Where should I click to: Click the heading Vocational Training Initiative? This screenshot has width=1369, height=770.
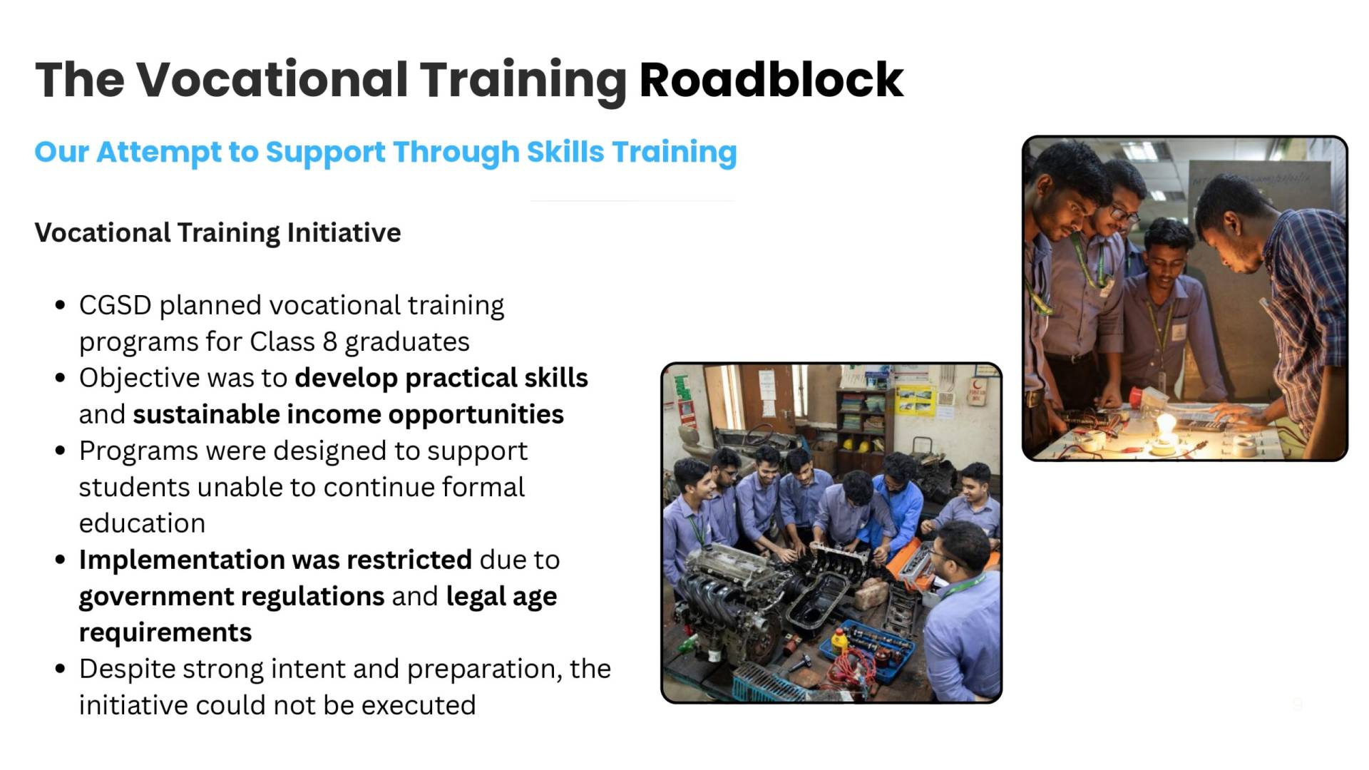click(x=217, y=232)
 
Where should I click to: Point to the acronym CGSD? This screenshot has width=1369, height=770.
click(x=115, y=305)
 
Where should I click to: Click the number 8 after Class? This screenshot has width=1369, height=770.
click(x=329, y=342)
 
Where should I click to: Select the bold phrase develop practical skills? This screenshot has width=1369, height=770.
click(x=441, y=378)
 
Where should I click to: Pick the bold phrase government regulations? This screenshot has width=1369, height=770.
click(x=232, y=597)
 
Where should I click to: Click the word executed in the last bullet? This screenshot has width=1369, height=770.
click(x=418, y=705)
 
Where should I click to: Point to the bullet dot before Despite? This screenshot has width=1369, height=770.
click(x=60, y=669)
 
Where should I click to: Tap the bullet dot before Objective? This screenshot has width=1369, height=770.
click(x=60, y=378)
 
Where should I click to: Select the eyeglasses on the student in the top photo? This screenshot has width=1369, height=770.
click(x=1124, y=213)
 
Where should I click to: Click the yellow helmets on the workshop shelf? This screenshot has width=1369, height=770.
click(x=856, y=446)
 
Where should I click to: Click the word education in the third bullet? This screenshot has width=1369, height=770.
click(x=142, y=523)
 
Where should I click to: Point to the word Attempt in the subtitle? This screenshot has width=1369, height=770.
click(x=158, y=152)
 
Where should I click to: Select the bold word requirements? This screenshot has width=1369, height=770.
click(x=165, y=633)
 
